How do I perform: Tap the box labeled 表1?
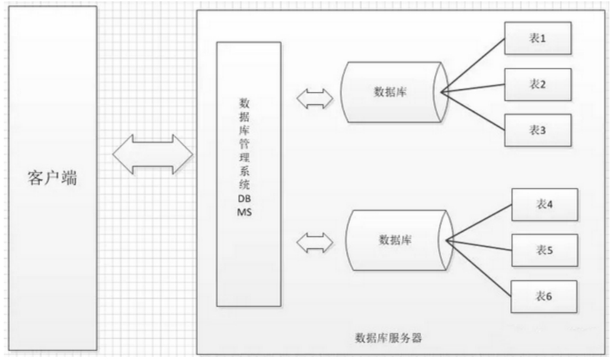point(537,38)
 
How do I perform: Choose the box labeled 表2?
point(537,84)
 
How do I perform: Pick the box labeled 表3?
point(537,131)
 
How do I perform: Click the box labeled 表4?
point(540,204)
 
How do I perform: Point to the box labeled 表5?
point(540,251)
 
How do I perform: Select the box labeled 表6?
point(540,297)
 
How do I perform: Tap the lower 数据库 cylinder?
point(396,240)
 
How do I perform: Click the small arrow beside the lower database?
point(315,240)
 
